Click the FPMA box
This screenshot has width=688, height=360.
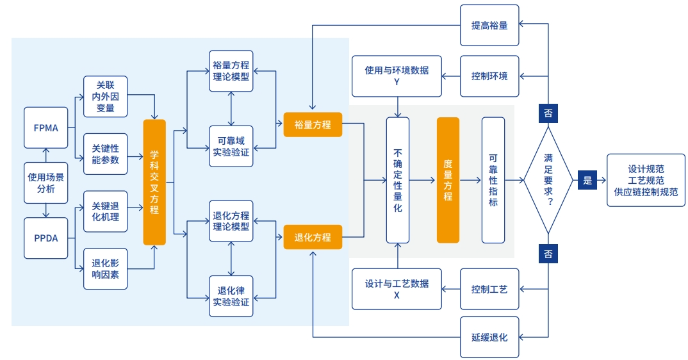point(45,127)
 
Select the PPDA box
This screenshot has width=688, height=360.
point(45,238)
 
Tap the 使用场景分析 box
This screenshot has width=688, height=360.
point(45,183)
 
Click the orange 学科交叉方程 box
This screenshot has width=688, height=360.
point(154,183)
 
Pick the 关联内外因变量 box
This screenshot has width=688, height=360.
point(106,97)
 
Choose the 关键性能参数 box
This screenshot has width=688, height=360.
point(106,154)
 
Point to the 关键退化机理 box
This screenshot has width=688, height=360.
point(106,211)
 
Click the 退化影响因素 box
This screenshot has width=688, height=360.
point(106,268)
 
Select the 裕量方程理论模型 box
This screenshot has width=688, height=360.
point(231,70)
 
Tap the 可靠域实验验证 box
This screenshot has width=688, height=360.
point(231,146)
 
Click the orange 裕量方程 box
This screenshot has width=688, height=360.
point(313,124)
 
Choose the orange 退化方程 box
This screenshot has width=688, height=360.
point(313,237)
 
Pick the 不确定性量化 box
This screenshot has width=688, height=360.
point(397,181)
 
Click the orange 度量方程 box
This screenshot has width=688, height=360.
point(448,180)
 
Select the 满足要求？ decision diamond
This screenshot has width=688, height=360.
point(548,181)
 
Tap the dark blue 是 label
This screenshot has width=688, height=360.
point(587,181)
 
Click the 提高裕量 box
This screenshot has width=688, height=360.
point(489,25)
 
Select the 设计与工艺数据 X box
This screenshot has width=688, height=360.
point(397,289)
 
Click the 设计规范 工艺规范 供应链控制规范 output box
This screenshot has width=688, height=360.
point(646,180)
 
